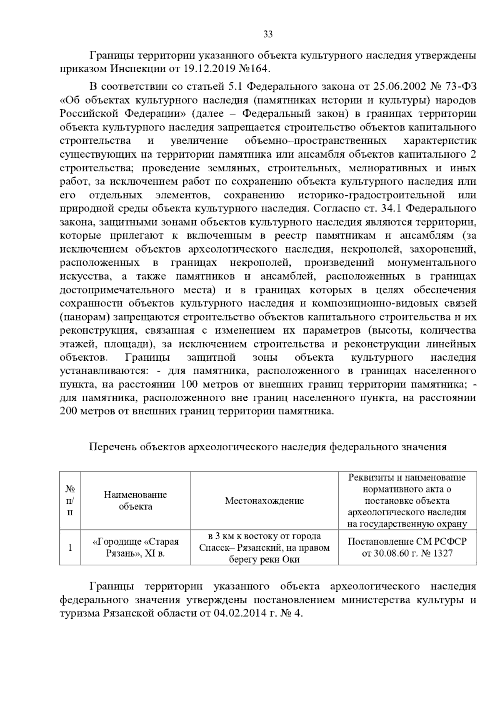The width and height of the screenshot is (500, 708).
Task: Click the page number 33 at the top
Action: pyautogui.click(x=268, y=34)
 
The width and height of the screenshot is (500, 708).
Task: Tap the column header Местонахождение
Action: pyautogui.click(x=264, y=500)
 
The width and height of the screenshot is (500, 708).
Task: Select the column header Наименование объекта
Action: pyautogui.click(x=135, y=500)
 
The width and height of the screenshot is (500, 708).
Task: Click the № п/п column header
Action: pyautogui.click(x=70, y=500)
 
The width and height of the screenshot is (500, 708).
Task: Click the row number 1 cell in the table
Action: pyautogui.click(x=70, y=547)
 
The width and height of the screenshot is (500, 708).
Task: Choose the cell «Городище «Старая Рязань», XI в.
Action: pyautogui.click(x=135, y=547)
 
